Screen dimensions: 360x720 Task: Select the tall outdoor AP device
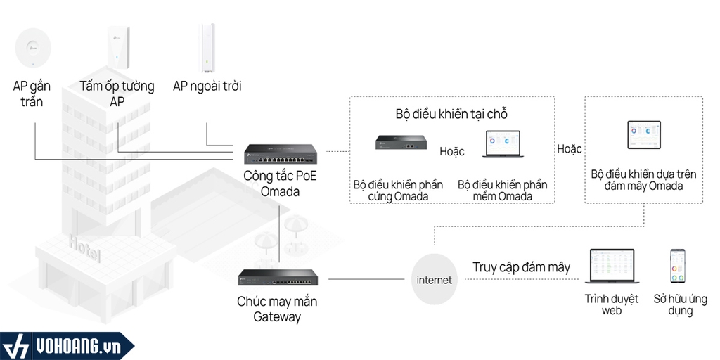click(207, 48)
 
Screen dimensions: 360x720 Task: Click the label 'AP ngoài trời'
click(207, 86)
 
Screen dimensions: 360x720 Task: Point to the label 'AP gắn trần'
click(32, 94)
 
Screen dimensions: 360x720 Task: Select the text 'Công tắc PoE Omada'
click(279, 183)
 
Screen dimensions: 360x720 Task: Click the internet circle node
click(435, 280)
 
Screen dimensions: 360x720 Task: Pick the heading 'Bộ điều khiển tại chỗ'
click(451, 114)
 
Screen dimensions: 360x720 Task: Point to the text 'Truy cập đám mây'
click(521, 267)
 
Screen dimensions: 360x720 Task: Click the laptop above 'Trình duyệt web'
click(610, 268)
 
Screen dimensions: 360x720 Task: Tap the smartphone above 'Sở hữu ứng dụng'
click(678, 265)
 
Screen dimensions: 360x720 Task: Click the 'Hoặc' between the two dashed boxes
click(569, 149)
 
